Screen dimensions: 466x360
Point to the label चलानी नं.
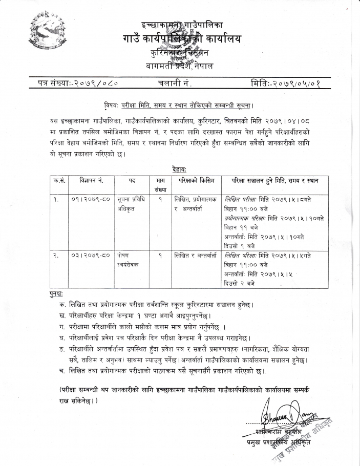point(175,82)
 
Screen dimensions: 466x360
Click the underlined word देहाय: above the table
point(179,169)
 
